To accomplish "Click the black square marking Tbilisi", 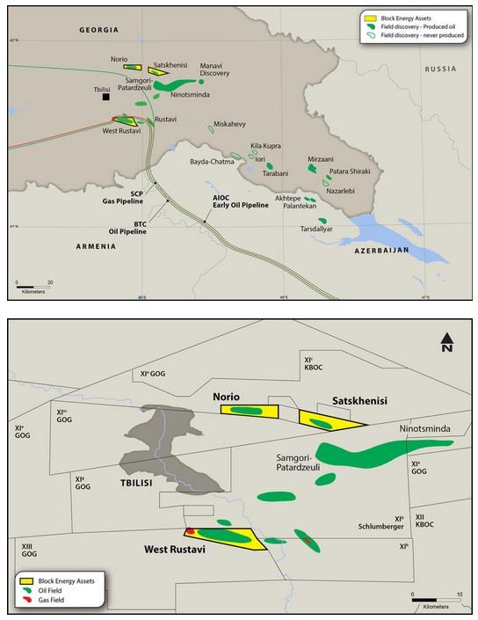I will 105,98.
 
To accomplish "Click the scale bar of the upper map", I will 33,284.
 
